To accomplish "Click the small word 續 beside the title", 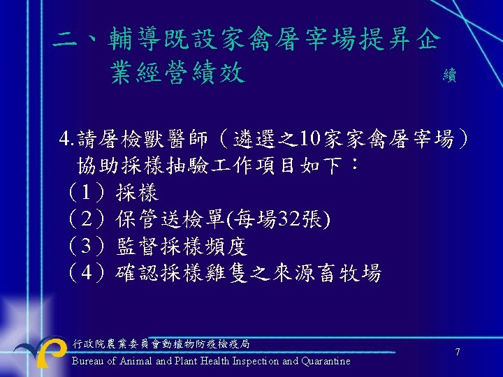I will coord(449,76).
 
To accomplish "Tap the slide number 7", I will coord(458,353).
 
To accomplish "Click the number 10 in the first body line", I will coord(308,140).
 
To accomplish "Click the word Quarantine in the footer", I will coord(326,361).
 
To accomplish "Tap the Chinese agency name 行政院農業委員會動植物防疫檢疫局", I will coord(161,343).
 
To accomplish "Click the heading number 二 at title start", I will coord(65,40).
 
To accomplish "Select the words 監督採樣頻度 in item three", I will coord(182,246).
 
